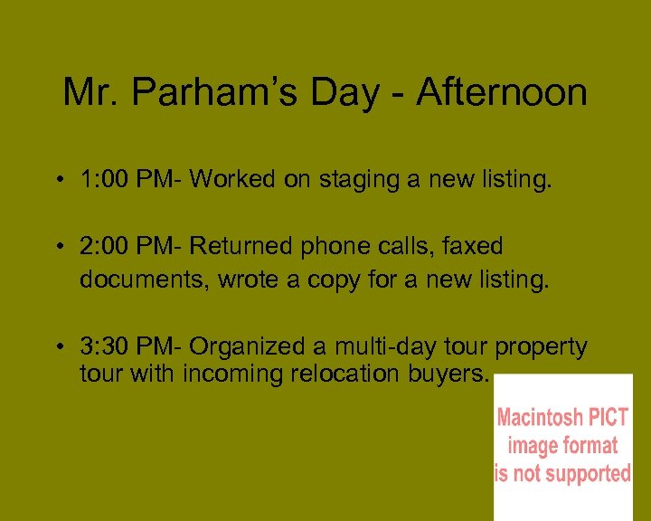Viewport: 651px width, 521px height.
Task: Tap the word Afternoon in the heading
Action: coord(501,92)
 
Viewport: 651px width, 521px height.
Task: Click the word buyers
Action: coord(456,374)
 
